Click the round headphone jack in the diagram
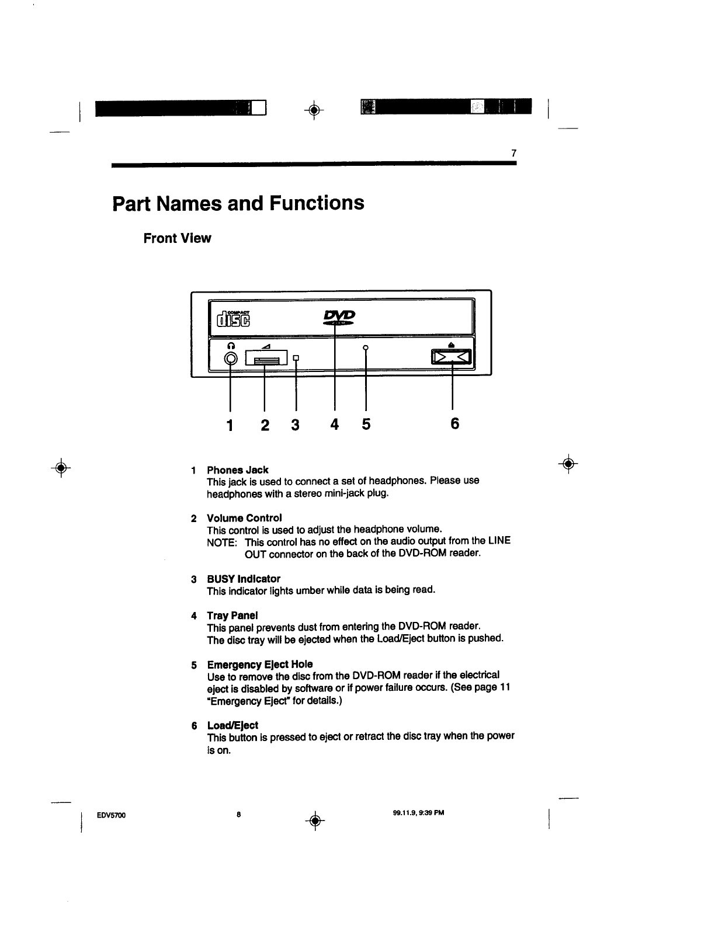point(231,359)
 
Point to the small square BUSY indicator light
point(297,357)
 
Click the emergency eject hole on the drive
point(366,348)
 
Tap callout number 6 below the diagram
point(454,424)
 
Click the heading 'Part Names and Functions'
point(238,203)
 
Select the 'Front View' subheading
point(177,238)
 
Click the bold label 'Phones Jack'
point(238,470)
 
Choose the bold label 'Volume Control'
point(244,518)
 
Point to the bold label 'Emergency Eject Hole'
point(260,665)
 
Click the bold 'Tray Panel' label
point(232,615)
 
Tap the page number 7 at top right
point(513,154)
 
